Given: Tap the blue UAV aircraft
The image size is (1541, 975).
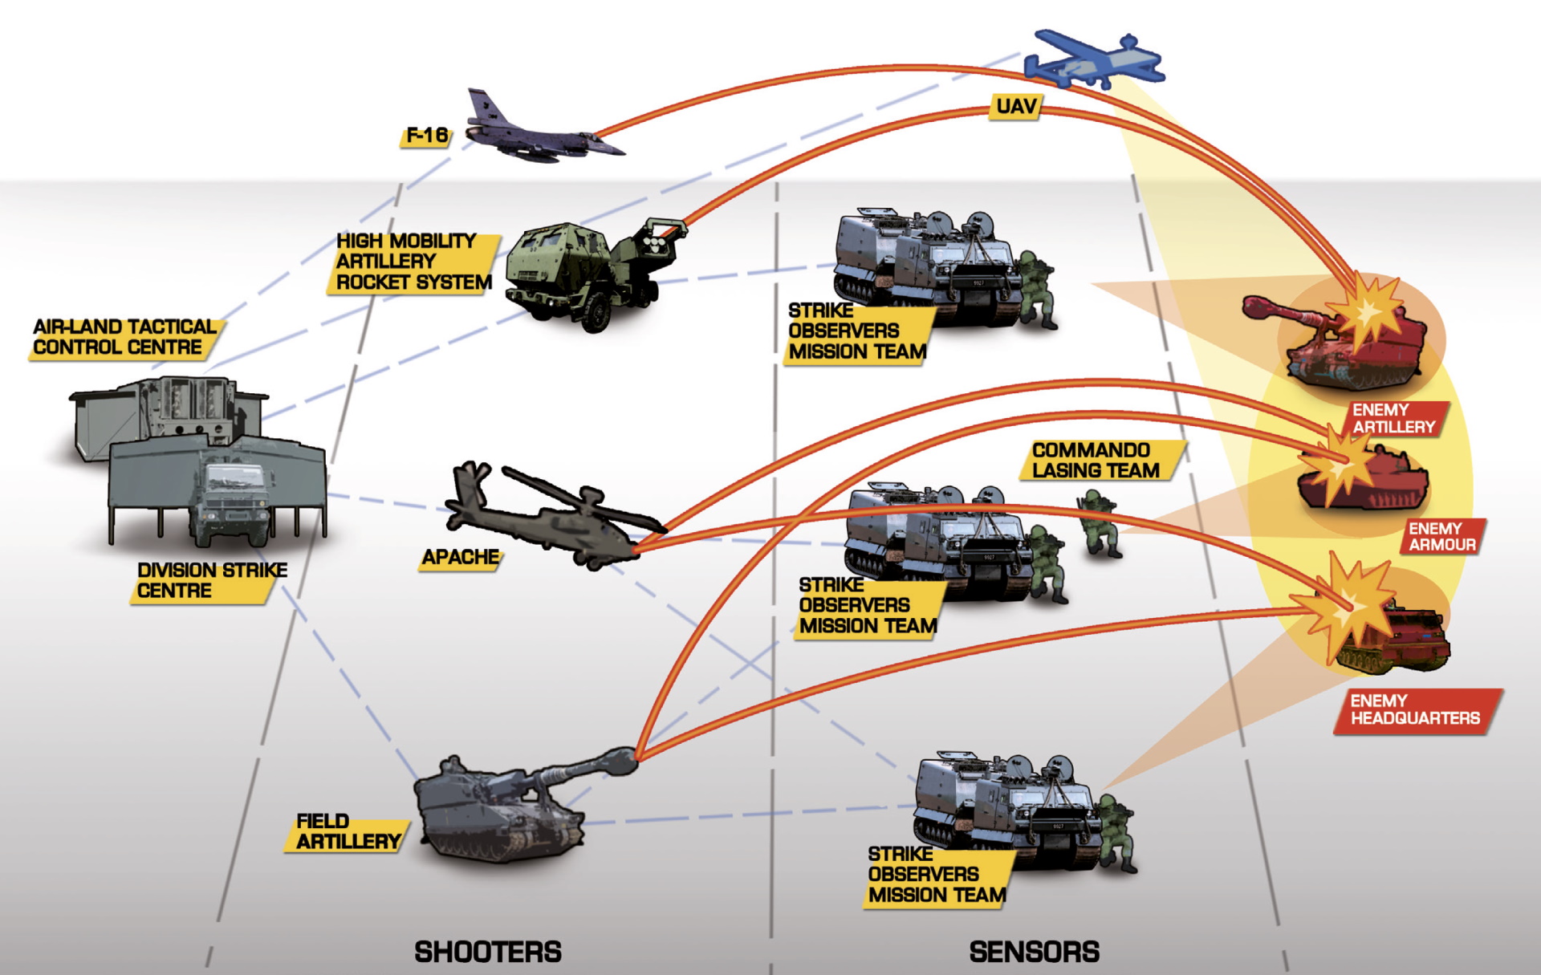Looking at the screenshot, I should coord(1095,60).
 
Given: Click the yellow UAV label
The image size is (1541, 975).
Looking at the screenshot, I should coord(1016,107).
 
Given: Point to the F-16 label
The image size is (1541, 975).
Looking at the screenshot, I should coord(426,136).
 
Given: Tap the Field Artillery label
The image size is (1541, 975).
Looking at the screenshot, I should coord(347,832).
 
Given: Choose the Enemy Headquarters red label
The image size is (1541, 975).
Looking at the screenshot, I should coord(1416,710).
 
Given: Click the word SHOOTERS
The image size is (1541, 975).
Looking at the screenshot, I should coord(488,952).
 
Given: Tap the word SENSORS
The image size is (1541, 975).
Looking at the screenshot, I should coord(1034,952).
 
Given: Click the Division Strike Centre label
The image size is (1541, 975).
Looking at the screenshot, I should coord(210,581).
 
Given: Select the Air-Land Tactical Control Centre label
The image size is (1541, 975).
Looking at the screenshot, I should coord(124,338).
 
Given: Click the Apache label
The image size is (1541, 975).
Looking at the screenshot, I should coord(461,558).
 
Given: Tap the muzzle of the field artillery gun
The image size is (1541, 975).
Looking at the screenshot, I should coord(623,758).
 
